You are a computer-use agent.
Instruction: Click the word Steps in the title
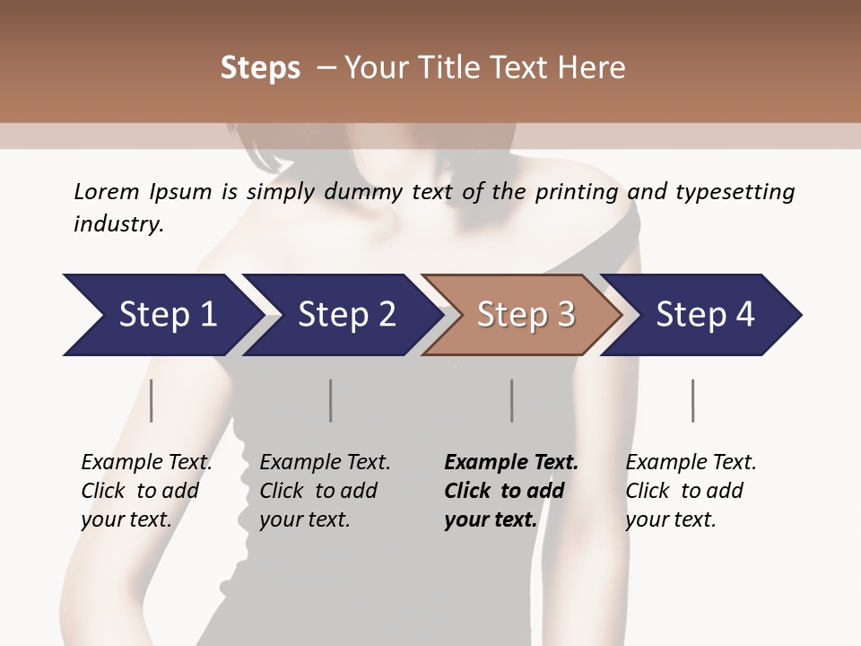[260, 68]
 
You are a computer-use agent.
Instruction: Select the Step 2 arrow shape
[341, 314]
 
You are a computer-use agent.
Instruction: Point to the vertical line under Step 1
[152, 400]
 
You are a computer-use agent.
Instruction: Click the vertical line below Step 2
[331, 400]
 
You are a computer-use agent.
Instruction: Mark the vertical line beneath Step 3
[512, 400]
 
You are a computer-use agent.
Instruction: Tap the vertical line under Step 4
[693, 400]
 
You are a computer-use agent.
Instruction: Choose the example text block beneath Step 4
[691, 491]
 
